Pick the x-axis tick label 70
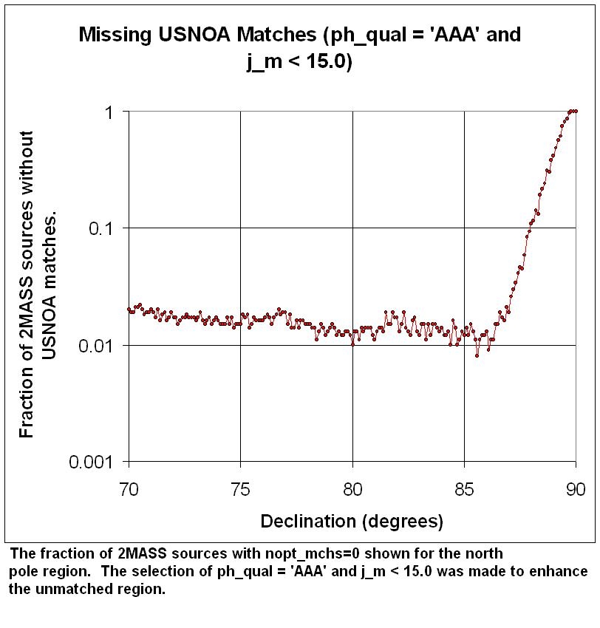pyautogui.click(x=129, y=488)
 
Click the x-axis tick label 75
pyautogui.click(x=240, y=488)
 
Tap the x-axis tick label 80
pyautogui.click(x=352, y=488)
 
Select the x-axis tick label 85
pyautogui.click(x=464, y=488)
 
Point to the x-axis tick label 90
pyautogui.click(x=576, y=488)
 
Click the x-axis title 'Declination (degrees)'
pyautogui.click(x=352, y=522)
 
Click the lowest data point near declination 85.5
pyautogui.click(x=477, y=355)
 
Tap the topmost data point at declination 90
pyautogui.click(x=576, y=112)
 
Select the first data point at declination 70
pyautogui.click(x=129, y=309)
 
